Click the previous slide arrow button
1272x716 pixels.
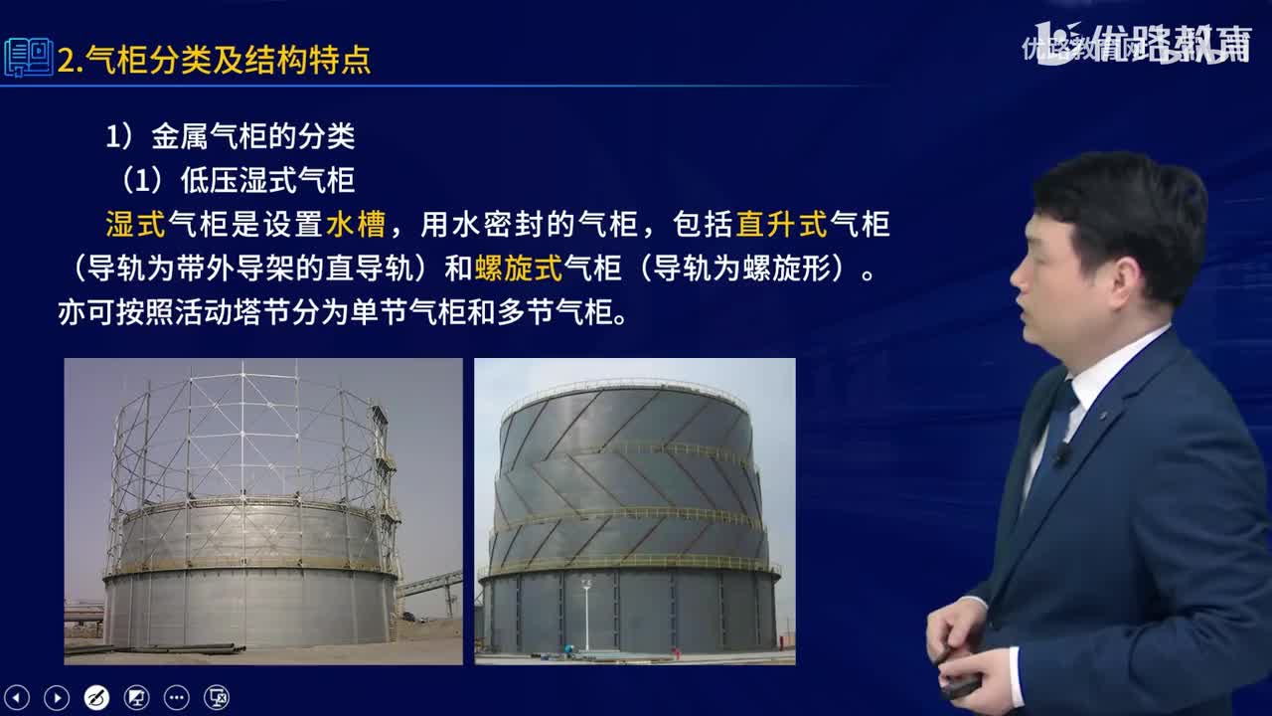coord(17,697)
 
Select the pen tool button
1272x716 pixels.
coord(96,697)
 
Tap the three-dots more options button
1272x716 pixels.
coord(176,697)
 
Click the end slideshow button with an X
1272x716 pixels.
coord(216,697)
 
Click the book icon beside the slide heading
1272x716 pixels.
coord(28,58)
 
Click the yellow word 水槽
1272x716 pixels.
coord(355,225)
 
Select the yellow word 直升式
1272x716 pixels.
coord(781,225)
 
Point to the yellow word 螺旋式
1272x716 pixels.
coord(518,268)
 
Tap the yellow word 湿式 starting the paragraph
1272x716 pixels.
coord(135,225)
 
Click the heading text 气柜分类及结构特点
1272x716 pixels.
coord(228,61)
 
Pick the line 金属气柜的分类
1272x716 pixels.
coord(252,136)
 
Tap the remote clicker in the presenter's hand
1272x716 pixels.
coord(960,685)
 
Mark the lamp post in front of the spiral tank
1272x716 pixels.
coord(586,612)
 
